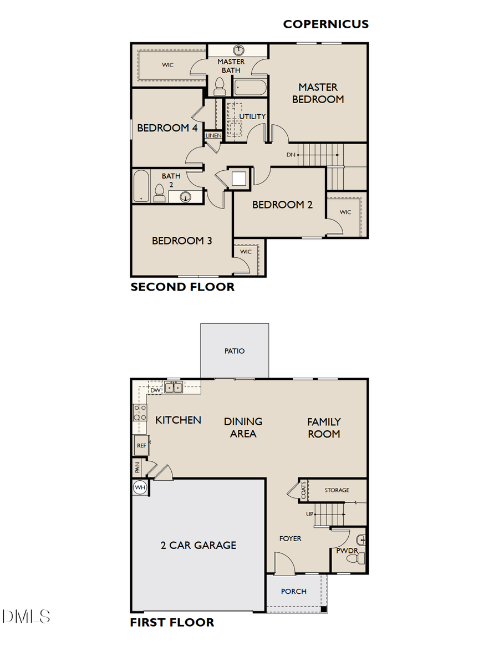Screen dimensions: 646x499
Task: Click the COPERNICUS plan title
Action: click(325, 24)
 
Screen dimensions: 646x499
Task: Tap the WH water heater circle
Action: click(140, 488)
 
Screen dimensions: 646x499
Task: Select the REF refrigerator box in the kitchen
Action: click(140, 445)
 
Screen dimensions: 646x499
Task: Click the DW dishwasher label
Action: click(155, 390)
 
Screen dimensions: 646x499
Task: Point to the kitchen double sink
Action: click(174, 388)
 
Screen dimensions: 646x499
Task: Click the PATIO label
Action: click(235, 350)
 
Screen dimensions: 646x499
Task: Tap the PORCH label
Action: click(293, 591)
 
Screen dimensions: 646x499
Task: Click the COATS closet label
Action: click(304, 490)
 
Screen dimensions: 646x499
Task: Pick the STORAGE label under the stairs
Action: click(337, 490)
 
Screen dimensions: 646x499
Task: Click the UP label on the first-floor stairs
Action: click(309, 514)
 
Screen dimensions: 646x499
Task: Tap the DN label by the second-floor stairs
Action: click(291, 155)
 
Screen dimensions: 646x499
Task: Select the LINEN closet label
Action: click(213, 135)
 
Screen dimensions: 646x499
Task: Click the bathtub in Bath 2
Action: click(140, 186)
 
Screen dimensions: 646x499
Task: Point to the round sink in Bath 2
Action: click(185, 196)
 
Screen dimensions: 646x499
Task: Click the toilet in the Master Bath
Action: click(219, 86)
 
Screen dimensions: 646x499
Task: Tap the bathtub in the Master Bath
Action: click(249, 88)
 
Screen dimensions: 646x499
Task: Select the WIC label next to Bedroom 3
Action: click(246, 252)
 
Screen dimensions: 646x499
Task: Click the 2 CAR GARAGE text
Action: click(198, 545)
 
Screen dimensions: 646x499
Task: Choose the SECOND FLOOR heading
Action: click(182, 287)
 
